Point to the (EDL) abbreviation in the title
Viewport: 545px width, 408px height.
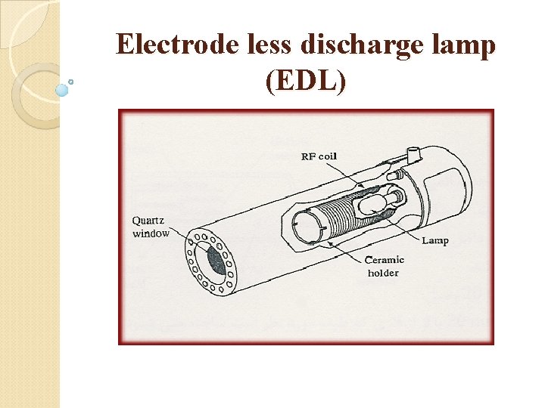(x=306, y=81)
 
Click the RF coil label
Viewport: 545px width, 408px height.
(x=319, y=156)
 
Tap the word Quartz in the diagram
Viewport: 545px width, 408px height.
(x=149, y=221)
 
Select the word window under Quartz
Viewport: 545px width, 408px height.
(x=151, y=233)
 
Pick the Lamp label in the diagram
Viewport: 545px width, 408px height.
(x=434, y=240)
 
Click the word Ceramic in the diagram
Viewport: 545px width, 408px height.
(x=385, y=260)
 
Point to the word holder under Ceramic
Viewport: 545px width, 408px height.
(x=382, y=273)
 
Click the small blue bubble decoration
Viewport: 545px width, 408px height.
(x=62, y=90)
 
